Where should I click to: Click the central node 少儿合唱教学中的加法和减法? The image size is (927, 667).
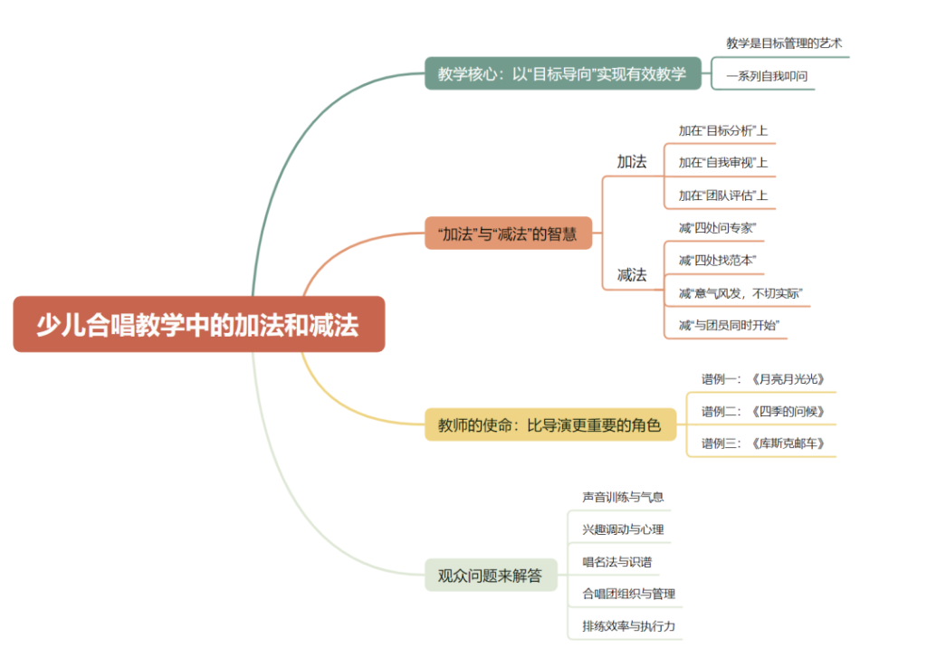coord(198,324)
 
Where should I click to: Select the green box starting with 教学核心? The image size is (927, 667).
coord(562,73)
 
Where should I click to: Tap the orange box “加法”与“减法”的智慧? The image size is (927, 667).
coord(508,233)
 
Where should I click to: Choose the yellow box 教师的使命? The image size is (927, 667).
coord(550,424)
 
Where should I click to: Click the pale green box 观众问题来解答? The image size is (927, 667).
coord(490,575)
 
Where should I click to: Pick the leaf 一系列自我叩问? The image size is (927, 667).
coord(765,77)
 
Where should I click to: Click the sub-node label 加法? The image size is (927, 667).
coord(632,162)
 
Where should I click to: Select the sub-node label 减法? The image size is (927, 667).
coord(632,274)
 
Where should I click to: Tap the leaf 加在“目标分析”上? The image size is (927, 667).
coord(722,130)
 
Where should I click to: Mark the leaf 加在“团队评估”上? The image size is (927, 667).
coord(722,195)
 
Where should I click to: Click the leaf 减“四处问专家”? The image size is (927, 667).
coord(717,227)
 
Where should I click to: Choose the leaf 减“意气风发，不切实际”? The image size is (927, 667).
coord(740,292)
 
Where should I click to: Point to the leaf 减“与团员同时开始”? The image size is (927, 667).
coord(729,325)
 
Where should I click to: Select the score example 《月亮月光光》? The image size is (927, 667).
coord(763,379)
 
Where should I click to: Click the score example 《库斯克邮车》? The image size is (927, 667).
coord(763,443)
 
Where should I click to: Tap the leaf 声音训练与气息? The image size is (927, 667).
coord(623,497)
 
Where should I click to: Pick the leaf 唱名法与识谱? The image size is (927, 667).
coord(616,562)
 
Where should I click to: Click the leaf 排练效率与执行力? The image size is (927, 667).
coord(628,626)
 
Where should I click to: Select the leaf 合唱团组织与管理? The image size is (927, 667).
coord(628,594)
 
